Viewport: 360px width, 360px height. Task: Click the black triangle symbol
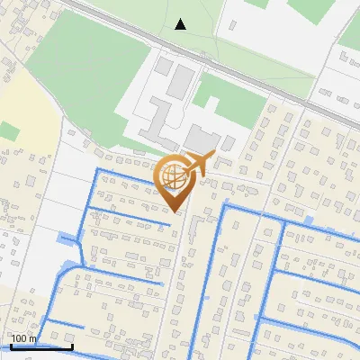181,24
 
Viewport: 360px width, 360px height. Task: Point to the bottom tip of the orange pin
175,211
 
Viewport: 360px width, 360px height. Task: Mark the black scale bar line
40,346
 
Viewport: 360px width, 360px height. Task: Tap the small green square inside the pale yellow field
9,131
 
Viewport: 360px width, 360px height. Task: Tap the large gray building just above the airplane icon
199,139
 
